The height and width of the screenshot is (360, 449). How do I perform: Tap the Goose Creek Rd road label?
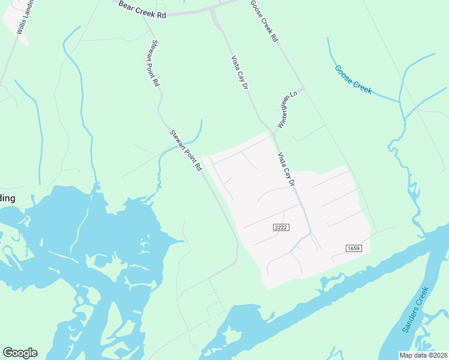[264, 20]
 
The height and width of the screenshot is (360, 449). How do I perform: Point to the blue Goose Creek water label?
[354, 80]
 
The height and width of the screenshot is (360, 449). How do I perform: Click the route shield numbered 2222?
[281, 227]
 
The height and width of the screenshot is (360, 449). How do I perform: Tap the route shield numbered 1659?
[354, 248]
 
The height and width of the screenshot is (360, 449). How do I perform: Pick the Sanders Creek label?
[415, 310]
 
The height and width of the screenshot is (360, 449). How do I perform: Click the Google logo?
[20, 353]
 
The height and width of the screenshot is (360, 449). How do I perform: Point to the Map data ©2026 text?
[424, 355]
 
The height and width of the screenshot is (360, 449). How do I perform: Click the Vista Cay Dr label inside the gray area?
[286, 169]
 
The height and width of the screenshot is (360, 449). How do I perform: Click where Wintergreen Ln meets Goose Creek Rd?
[302, 89]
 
